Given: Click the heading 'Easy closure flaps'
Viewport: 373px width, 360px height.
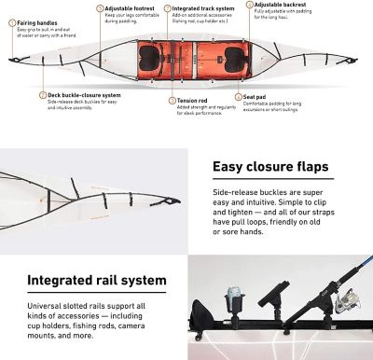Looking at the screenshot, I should click(x=270, y=168).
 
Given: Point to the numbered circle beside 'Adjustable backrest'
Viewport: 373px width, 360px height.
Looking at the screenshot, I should click(x=249, y=5).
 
